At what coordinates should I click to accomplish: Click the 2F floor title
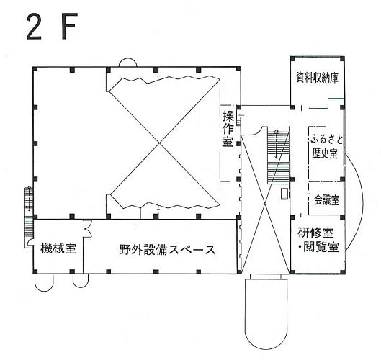pos(52,26)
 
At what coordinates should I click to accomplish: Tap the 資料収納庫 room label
pos(317,78)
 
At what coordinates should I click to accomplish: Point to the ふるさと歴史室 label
pos(326,146)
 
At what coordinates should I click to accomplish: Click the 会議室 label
pos(326,200)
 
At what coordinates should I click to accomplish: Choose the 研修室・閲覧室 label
pos(318,240)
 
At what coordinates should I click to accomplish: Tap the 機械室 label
pos(58,248)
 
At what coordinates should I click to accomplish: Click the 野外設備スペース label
pos(167,249)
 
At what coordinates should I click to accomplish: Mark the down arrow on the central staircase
pos(277,145)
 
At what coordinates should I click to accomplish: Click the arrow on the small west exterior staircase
pos(29,199)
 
